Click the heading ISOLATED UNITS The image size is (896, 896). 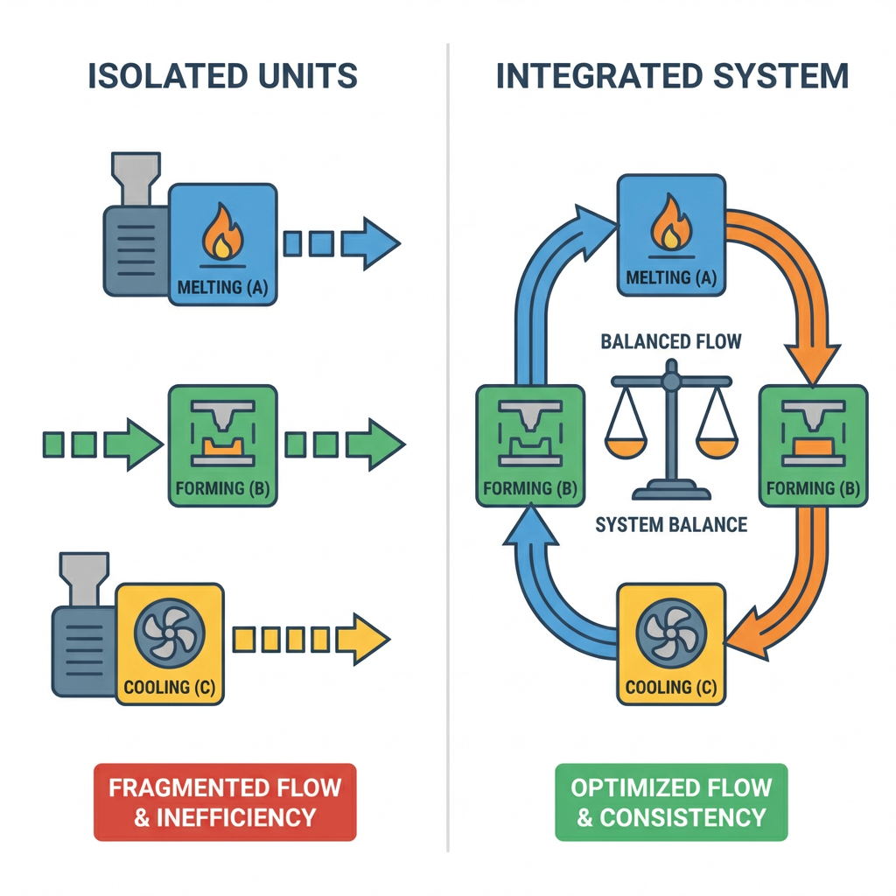222,76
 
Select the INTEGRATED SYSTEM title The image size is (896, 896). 672,76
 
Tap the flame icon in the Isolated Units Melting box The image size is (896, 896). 222,233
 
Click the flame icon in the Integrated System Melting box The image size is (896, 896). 670,224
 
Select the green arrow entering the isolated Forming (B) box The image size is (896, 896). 131,444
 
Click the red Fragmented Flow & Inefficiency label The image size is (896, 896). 225,801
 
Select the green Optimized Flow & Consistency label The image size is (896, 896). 671,801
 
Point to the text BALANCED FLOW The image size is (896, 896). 671,341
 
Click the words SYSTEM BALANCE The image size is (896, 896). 671,525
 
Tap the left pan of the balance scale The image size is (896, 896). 626,447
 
